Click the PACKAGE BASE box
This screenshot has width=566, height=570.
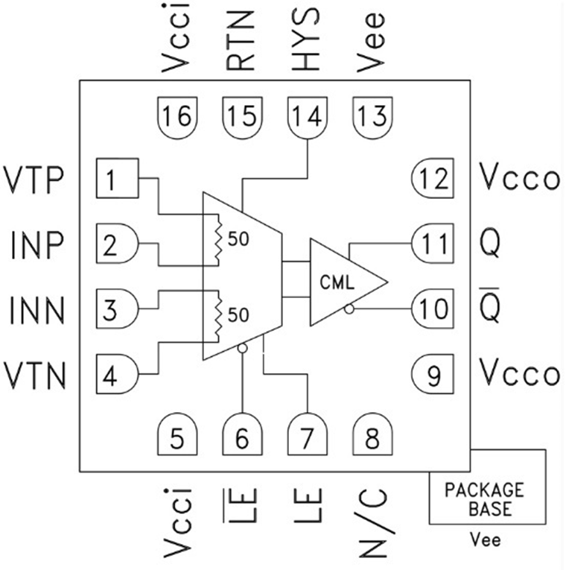pos(484,498)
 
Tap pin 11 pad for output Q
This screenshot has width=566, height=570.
pos(430,244)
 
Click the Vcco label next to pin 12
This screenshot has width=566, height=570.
pos(519,179)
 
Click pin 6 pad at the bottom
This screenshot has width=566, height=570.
pos(242,436)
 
